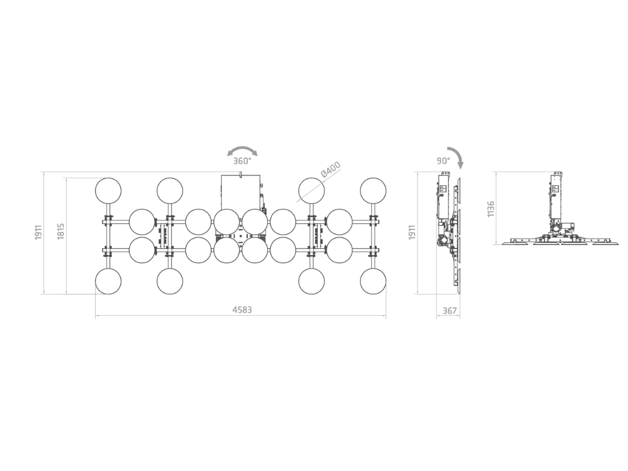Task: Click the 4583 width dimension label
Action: pos(242,310)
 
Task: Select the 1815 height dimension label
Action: pos(61,231)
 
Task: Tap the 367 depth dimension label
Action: pos(450,310)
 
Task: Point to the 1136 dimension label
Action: pos(491,209)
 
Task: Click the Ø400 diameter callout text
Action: pos(331,169)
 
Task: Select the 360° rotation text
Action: pos(242,161)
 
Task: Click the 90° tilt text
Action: pos(443,161)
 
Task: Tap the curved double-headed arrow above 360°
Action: pos(242,149)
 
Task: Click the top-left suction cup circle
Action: pos(108,191)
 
